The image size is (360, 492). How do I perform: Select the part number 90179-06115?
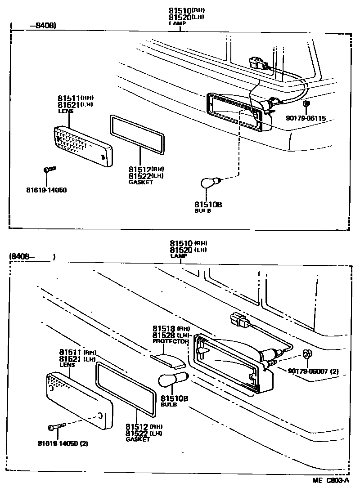coord(306,119)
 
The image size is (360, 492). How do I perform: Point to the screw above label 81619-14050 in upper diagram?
coord(49,169)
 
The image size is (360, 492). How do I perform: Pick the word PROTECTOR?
coord(171,341)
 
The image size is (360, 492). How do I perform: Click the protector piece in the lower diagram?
coord(168,358)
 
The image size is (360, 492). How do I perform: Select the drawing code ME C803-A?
coord(331,480)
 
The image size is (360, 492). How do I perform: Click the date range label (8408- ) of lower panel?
coord(31,257)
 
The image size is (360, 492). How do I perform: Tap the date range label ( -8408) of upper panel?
coord(34,26)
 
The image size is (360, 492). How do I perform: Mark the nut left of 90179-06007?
coord(306,354)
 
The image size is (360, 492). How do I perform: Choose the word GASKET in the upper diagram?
coord(141,182)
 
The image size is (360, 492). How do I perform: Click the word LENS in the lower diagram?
coord(67,365)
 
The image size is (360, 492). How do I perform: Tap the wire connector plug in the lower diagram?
coord(237,320)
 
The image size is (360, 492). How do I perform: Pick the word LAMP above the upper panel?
coord(177,22)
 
